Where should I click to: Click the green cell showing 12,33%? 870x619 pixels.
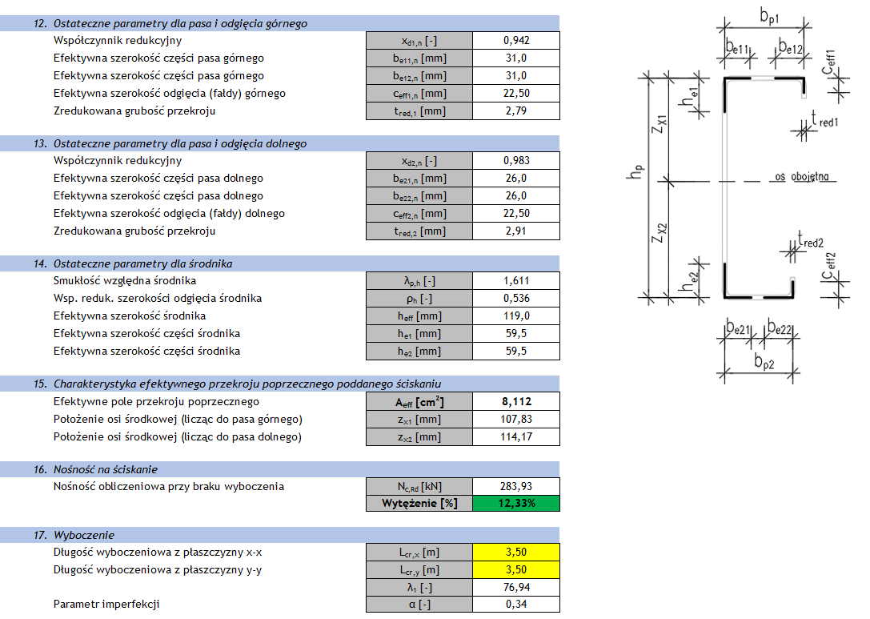click(x=516, y=504)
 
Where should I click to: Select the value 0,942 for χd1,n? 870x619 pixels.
click(x=516, y=41)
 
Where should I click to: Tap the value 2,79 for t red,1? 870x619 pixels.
click(x=516, y=111)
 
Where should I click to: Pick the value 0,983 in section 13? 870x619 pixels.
click(x=516, y=160)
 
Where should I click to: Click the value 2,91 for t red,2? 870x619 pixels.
click(x=516, y=231)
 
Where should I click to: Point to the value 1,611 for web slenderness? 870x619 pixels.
click(x=516, y=281)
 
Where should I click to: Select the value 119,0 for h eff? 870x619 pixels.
click(x=516, y=316)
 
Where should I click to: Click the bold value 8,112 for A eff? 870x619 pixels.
click(x=516, y=401)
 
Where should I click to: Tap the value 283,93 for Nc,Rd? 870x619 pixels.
click(x=516, y=486)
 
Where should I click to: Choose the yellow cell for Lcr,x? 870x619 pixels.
click(x=516, y=553)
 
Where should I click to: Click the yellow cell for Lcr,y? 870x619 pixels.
click(x=516, y=570)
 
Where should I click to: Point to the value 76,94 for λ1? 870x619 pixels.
click(x=516, y=587)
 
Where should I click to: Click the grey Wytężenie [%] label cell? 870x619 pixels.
click(x=419, y=504)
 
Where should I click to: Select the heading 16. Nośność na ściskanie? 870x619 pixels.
click(x=95, y=470)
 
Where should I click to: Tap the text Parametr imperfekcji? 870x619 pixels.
click(x=106, y=604)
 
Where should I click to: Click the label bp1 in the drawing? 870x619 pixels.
click(x=769, y=17)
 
